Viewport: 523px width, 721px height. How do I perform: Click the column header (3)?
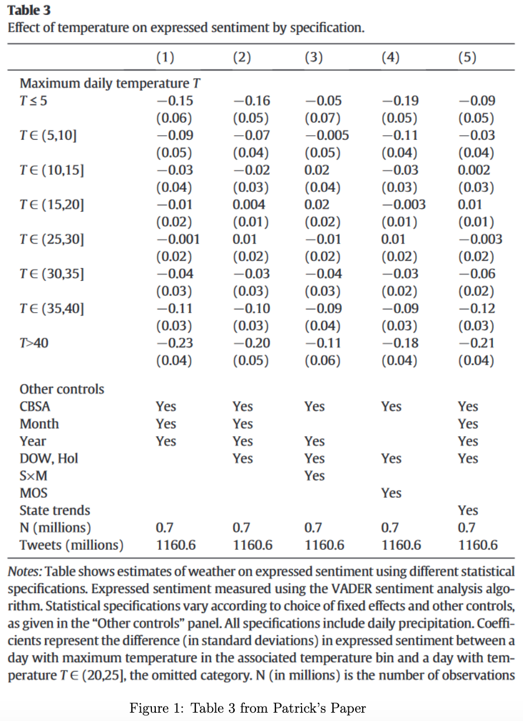(314, 57)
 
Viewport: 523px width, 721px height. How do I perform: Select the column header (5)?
(468, 57)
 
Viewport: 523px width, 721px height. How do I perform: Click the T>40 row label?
(34, 343)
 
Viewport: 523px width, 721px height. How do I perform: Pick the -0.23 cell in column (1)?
(174, 343)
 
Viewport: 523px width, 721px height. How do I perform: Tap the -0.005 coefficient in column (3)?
(326, 135)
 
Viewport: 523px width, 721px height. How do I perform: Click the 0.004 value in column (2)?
(249, 205)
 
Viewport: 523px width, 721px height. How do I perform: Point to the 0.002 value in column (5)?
(474, 170)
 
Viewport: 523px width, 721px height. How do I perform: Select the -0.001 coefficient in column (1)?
(177, 239)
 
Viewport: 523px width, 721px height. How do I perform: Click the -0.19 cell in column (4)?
(399, 101)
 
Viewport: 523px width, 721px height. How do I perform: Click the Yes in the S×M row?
(314, 476)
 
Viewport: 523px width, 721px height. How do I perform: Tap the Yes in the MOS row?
(391, 493)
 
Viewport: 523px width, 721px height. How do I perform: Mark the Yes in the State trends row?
(468, 510)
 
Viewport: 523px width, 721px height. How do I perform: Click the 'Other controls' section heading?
(62, 389)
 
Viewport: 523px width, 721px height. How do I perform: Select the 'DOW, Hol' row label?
(49, 458)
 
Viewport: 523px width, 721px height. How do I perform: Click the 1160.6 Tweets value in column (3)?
(324, 545)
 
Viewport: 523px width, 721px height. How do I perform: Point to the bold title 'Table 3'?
(29, 11)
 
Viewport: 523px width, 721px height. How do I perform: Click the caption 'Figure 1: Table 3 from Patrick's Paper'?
(248, 708)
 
